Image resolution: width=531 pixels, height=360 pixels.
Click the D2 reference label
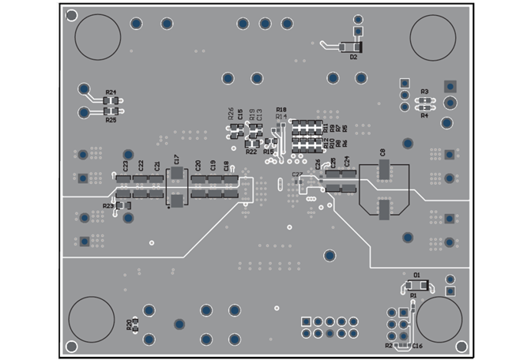pos(353,58)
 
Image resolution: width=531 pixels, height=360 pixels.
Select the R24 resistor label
pos(111,92)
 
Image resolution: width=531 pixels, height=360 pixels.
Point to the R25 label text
pos(111,121)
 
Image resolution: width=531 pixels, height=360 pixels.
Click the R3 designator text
pos(424,92)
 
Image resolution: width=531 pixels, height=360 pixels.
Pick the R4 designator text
pos(424,115)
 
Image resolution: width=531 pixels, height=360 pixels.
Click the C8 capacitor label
pos(382,151)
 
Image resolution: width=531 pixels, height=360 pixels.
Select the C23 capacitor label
pos(126,167)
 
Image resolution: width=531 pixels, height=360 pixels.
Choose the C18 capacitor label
pos(227,166)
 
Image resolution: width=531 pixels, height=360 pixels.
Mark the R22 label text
pos(250,151)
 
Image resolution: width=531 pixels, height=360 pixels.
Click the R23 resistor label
pos(107,205)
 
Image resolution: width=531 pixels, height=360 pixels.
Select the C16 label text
pos(417,347)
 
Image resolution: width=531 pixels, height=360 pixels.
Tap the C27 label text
pos(296,174)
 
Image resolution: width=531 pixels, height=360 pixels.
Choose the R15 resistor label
pos(269,151)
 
